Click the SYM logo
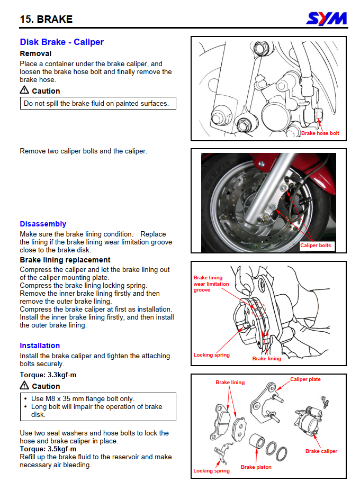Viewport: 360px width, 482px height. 327,19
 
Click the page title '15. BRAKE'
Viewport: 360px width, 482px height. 46,20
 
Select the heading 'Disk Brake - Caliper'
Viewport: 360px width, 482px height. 61,42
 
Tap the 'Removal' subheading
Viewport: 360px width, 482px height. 35,53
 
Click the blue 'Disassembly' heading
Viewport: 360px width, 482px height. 43,224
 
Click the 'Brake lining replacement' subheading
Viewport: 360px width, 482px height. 65,260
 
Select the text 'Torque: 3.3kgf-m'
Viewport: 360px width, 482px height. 48,375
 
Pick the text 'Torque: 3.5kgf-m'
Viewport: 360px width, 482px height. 48,449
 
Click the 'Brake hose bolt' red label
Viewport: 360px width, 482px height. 320,133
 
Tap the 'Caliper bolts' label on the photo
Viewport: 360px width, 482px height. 316,245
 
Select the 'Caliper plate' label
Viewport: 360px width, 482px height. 305,379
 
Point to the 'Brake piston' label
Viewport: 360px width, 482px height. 256,467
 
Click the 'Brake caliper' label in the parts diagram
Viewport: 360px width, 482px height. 321,451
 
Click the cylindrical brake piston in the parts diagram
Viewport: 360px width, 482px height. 257,443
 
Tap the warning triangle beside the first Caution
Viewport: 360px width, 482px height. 24,90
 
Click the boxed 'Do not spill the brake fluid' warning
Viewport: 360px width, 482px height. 97,104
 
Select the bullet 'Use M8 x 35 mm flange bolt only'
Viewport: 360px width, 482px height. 83,398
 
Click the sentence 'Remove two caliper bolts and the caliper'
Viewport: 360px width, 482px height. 83,151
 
